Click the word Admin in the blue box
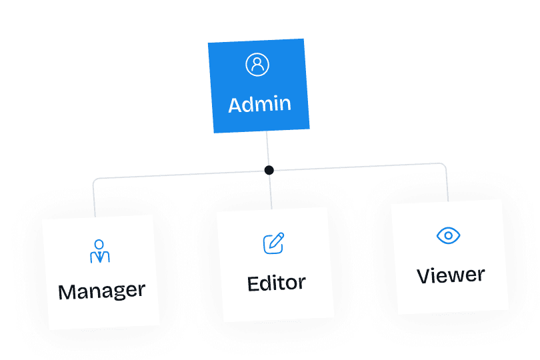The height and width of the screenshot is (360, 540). coord(259,105)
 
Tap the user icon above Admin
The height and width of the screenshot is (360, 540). coord(257,65)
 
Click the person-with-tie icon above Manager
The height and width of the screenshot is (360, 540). coord(99,251)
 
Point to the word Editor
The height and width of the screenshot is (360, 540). coord(276,283)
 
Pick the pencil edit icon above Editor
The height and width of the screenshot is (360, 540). coord(273,243)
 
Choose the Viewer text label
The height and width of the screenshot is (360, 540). coord(451,275)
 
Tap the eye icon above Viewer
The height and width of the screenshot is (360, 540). coord(449,235)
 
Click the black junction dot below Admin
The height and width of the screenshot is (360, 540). coord(269,170)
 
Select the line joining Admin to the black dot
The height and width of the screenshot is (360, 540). coord(267,149)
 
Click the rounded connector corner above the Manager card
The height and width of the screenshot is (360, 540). coord(95,181)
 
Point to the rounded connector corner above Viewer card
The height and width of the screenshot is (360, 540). coord(444,165)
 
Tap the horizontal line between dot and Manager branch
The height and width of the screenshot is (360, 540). coord(180,175)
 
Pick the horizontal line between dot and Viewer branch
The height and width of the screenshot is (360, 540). coord(360,166)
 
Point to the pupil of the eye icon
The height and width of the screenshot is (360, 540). coord(449,235)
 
